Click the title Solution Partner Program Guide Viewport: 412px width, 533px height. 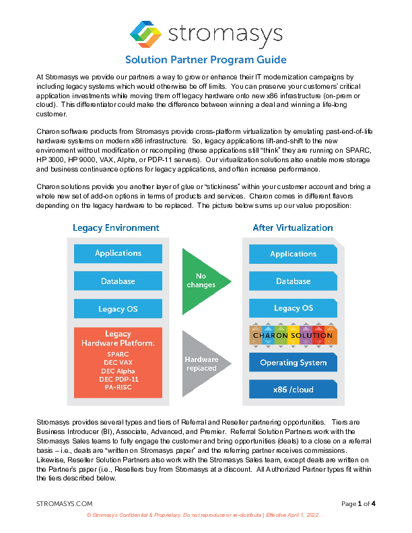point(206,60)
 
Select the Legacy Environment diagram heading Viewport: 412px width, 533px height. point(116,227)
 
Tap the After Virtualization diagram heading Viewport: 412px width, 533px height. point(292,227)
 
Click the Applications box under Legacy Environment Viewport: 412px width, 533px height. point(118,253)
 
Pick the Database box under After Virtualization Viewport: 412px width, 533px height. point(293,281)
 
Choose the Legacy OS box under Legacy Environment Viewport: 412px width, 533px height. point(118,309)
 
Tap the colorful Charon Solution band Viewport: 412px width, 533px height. point(293,335)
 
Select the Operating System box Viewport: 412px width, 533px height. point(293,363)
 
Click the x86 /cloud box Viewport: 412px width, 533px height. point(293,390)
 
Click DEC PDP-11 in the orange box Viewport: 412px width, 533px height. point(118,380)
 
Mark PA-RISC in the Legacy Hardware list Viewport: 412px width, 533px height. point(118,388)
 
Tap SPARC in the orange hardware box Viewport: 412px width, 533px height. point(118,353)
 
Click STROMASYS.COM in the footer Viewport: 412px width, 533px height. point(64,503)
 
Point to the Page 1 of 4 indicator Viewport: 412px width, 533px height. point(358,503)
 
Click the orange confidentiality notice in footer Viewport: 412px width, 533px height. point(206,515)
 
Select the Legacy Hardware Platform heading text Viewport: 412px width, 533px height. point(118,339)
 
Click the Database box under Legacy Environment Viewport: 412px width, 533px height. point(118,281)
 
